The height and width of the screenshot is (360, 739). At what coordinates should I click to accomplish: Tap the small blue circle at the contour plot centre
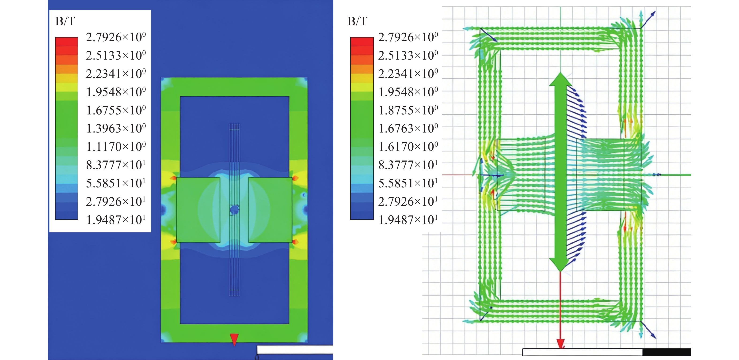tap(234, 210)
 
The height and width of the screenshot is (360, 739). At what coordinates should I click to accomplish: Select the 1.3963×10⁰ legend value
tap(116, 128)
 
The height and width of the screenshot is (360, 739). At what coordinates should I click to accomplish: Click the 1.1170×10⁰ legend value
tap(116, 147)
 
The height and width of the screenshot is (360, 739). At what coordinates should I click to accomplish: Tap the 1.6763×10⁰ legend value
tap(408, 128)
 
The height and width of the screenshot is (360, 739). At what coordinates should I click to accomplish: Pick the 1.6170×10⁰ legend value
tap(408, 147)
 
